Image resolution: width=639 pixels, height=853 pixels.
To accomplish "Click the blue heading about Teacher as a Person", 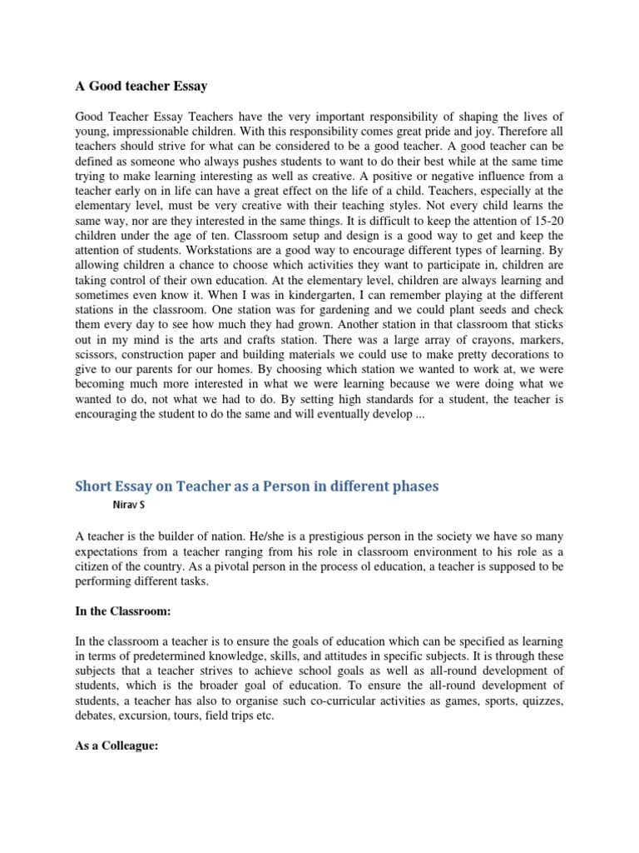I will [257, 486].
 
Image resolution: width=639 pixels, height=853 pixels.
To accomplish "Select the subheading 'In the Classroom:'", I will [122, 611].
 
